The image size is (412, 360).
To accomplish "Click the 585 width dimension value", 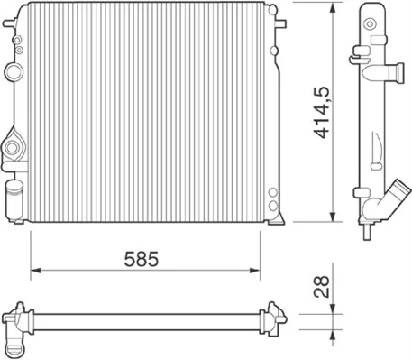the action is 142,259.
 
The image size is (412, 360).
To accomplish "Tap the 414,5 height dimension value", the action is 322,113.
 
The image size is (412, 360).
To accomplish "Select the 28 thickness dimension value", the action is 322,287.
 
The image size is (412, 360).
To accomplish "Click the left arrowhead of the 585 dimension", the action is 35,271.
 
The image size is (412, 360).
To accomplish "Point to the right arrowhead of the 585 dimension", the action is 255,271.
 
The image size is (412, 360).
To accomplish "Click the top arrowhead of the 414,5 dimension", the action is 333,7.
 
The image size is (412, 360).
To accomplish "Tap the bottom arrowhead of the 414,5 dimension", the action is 333,217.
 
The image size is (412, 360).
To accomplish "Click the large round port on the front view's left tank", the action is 13,71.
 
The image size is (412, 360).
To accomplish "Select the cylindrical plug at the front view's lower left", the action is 14,199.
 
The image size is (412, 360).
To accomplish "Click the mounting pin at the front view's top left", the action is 10,23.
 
